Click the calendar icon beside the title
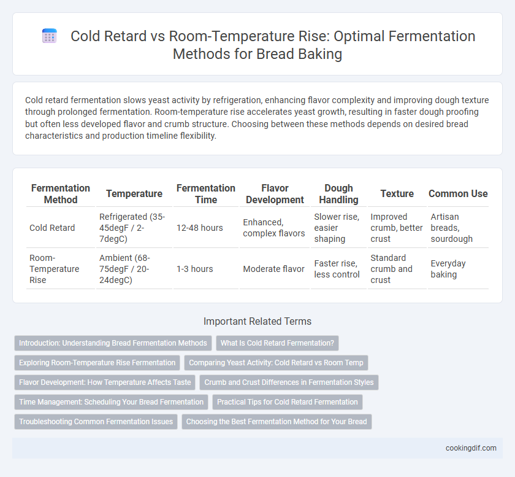coord(50,36)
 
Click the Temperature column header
coord(134,194)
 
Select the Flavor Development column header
coord(275,194)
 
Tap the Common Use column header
coord(458,194)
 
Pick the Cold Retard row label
coord(52,228)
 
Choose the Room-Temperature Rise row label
coord(55,269)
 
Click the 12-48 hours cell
coord(200,228)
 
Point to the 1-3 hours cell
coord(195,269)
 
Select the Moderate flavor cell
coord(273,269)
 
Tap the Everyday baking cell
coord(448,269)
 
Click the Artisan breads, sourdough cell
coord(452,228)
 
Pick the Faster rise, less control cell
coord(337,269)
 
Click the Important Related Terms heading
coord(257,321)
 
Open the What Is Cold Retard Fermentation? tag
coord(277,343)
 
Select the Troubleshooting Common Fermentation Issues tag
coord(96,421)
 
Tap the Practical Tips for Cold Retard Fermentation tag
coord(288,402)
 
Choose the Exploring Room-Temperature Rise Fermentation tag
coord(97,363)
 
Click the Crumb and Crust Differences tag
coord(289,382)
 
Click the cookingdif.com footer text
coord(471,448)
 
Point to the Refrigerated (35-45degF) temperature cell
coord(132,228)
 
